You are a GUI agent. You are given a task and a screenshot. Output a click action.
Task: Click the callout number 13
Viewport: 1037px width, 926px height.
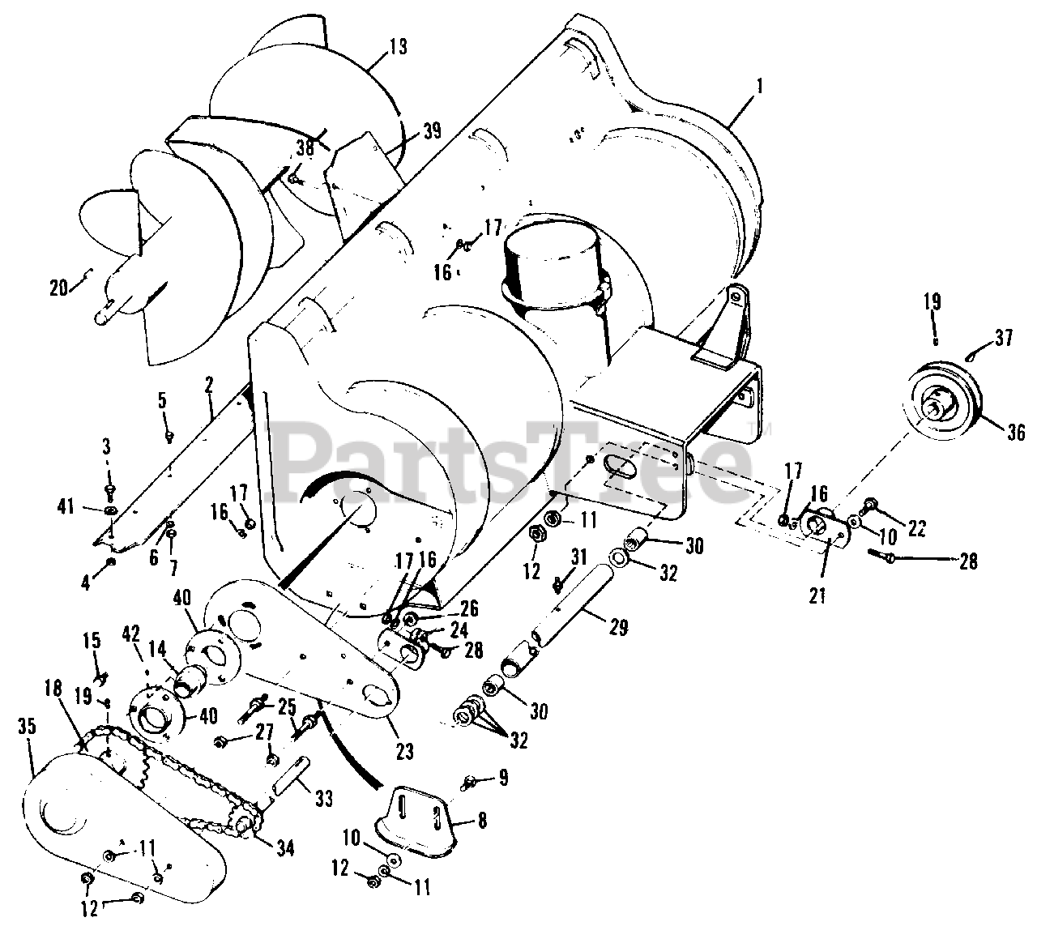(x=398, y=47)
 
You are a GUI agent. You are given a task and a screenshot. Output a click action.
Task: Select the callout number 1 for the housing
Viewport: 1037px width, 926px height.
(x=760, y=84)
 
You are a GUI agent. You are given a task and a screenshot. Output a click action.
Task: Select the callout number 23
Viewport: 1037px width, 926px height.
(x=404, y=751)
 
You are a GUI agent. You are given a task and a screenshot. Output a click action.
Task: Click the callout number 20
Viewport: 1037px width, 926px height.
(x=58, y=287)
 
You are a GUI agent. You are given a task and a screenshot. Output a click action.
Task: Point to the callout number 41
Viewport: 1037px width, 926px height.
(x=66, y=508)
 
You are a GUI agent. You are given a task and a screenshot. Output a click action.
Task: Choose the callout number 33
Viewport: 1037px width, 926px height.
(x=323, y=800)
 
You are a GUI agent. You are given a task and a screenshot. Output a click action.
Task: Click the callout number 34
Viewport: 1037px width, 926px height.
(x=285, y=848)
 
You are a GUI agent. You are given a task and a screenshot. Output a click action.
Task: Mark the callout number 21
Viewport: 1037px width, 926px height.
(x=817, y=595)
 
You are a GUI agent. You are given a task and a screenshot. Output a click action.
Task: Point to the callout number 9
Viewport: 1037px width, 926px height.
(x=503, y=779)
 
